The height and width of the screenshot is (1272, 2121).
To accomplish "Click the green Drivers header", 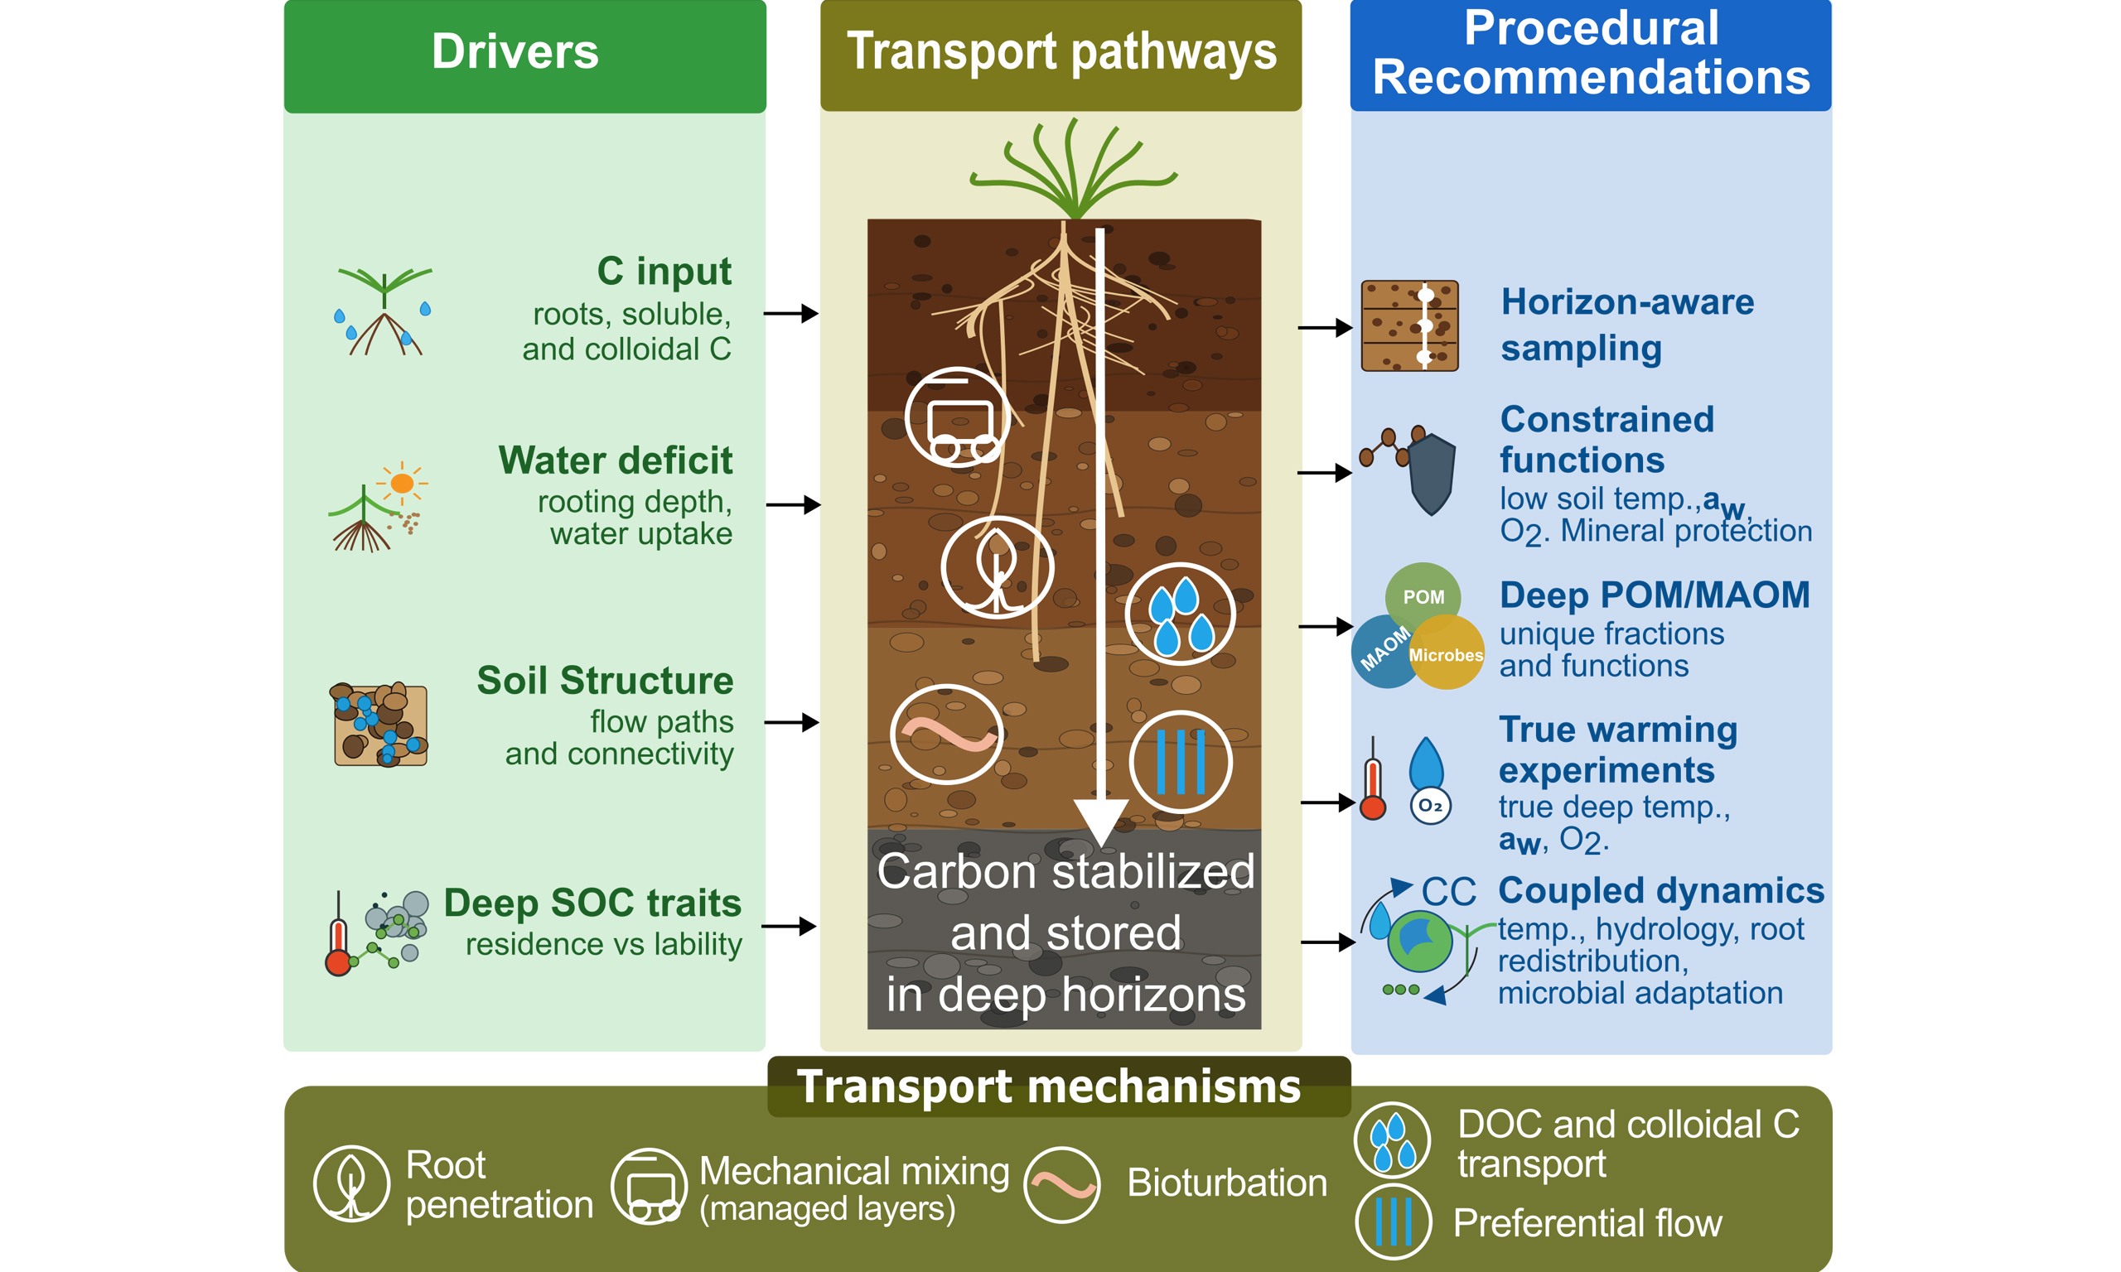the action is [524, 55].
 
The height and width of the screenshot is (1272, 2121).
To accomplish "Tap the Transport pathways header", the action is [1060, 55].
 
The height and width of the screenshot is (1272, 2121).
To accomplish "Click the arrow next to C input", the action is [790, 314].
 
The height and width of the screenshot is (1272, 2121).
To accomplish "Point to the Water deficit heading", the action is [616, 460].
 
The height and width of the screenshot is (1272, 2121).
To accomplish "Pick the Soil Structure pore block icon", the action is [379, 725].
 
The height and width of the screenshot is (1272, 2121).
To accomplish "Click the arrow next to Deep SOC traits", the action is [789, 926].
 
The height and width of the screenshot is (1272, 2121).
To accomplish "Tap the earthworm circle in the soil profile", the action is [946, 734].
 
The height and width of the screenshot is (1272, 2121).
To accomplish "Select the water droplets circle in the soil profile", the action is [1180, 614].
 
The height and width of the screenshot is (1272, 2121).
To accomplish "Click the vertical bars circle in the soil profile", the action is [1181, 761].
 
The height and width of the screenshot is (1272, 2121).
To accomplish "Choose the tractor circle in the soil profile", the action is [958, 417].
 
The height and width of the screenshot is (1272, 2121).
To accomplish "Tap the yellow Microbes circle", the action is [1447, 653].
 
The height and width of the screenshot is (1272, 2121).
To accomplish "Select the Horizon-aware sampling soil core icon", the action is [1409, 325].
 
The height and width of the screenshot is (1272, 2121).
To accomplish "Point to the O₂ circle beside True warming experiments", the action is [1430, 805].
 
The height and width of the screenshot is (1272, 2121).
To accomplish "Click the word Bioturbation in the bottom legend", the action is [1227, 1183].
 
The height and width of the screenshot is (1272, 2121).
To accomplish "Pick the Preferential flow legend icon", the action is [1393, 1221].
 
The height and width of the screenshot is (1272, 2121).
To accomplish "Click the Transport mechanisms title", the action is [1049, 1086].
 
